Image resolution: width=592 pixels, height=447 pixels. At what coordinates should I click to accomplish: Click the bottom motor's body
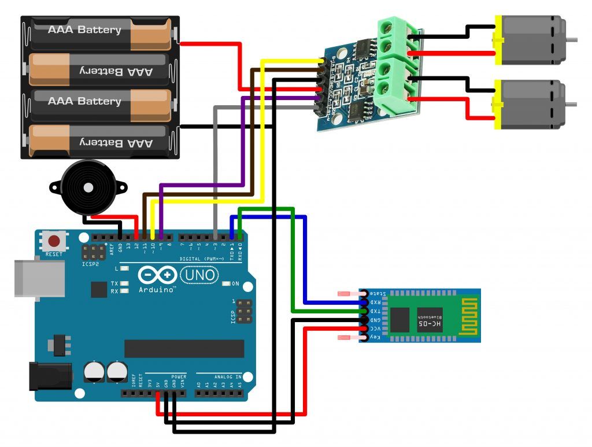click(x=532, y=104)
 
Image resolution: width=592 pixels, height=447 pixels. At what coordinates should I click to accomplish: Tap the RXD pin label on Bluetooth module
click(x=375, y=302)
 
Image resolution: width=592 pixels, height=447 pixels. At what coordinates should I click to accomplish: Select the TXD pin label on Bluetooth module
click(x=375, y=311)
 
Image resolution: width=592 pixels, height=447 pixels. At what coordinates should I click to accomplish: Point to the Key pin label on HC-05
click(x=375, y=337)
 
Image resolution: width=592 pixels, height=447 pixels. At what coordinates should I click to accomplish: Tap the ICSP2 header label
click(x=90, y=263)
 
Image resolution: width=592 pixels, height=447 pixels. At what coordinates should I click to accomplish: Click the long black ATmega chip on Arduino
click(x=184, y=348)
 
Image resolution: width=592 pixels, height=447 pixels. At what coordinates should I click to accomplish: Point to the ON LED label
click(x=235, y=284)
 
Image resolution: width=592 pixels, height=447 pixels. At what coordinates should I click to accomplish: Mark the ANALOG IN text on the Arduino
click(x=228, y=376)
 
